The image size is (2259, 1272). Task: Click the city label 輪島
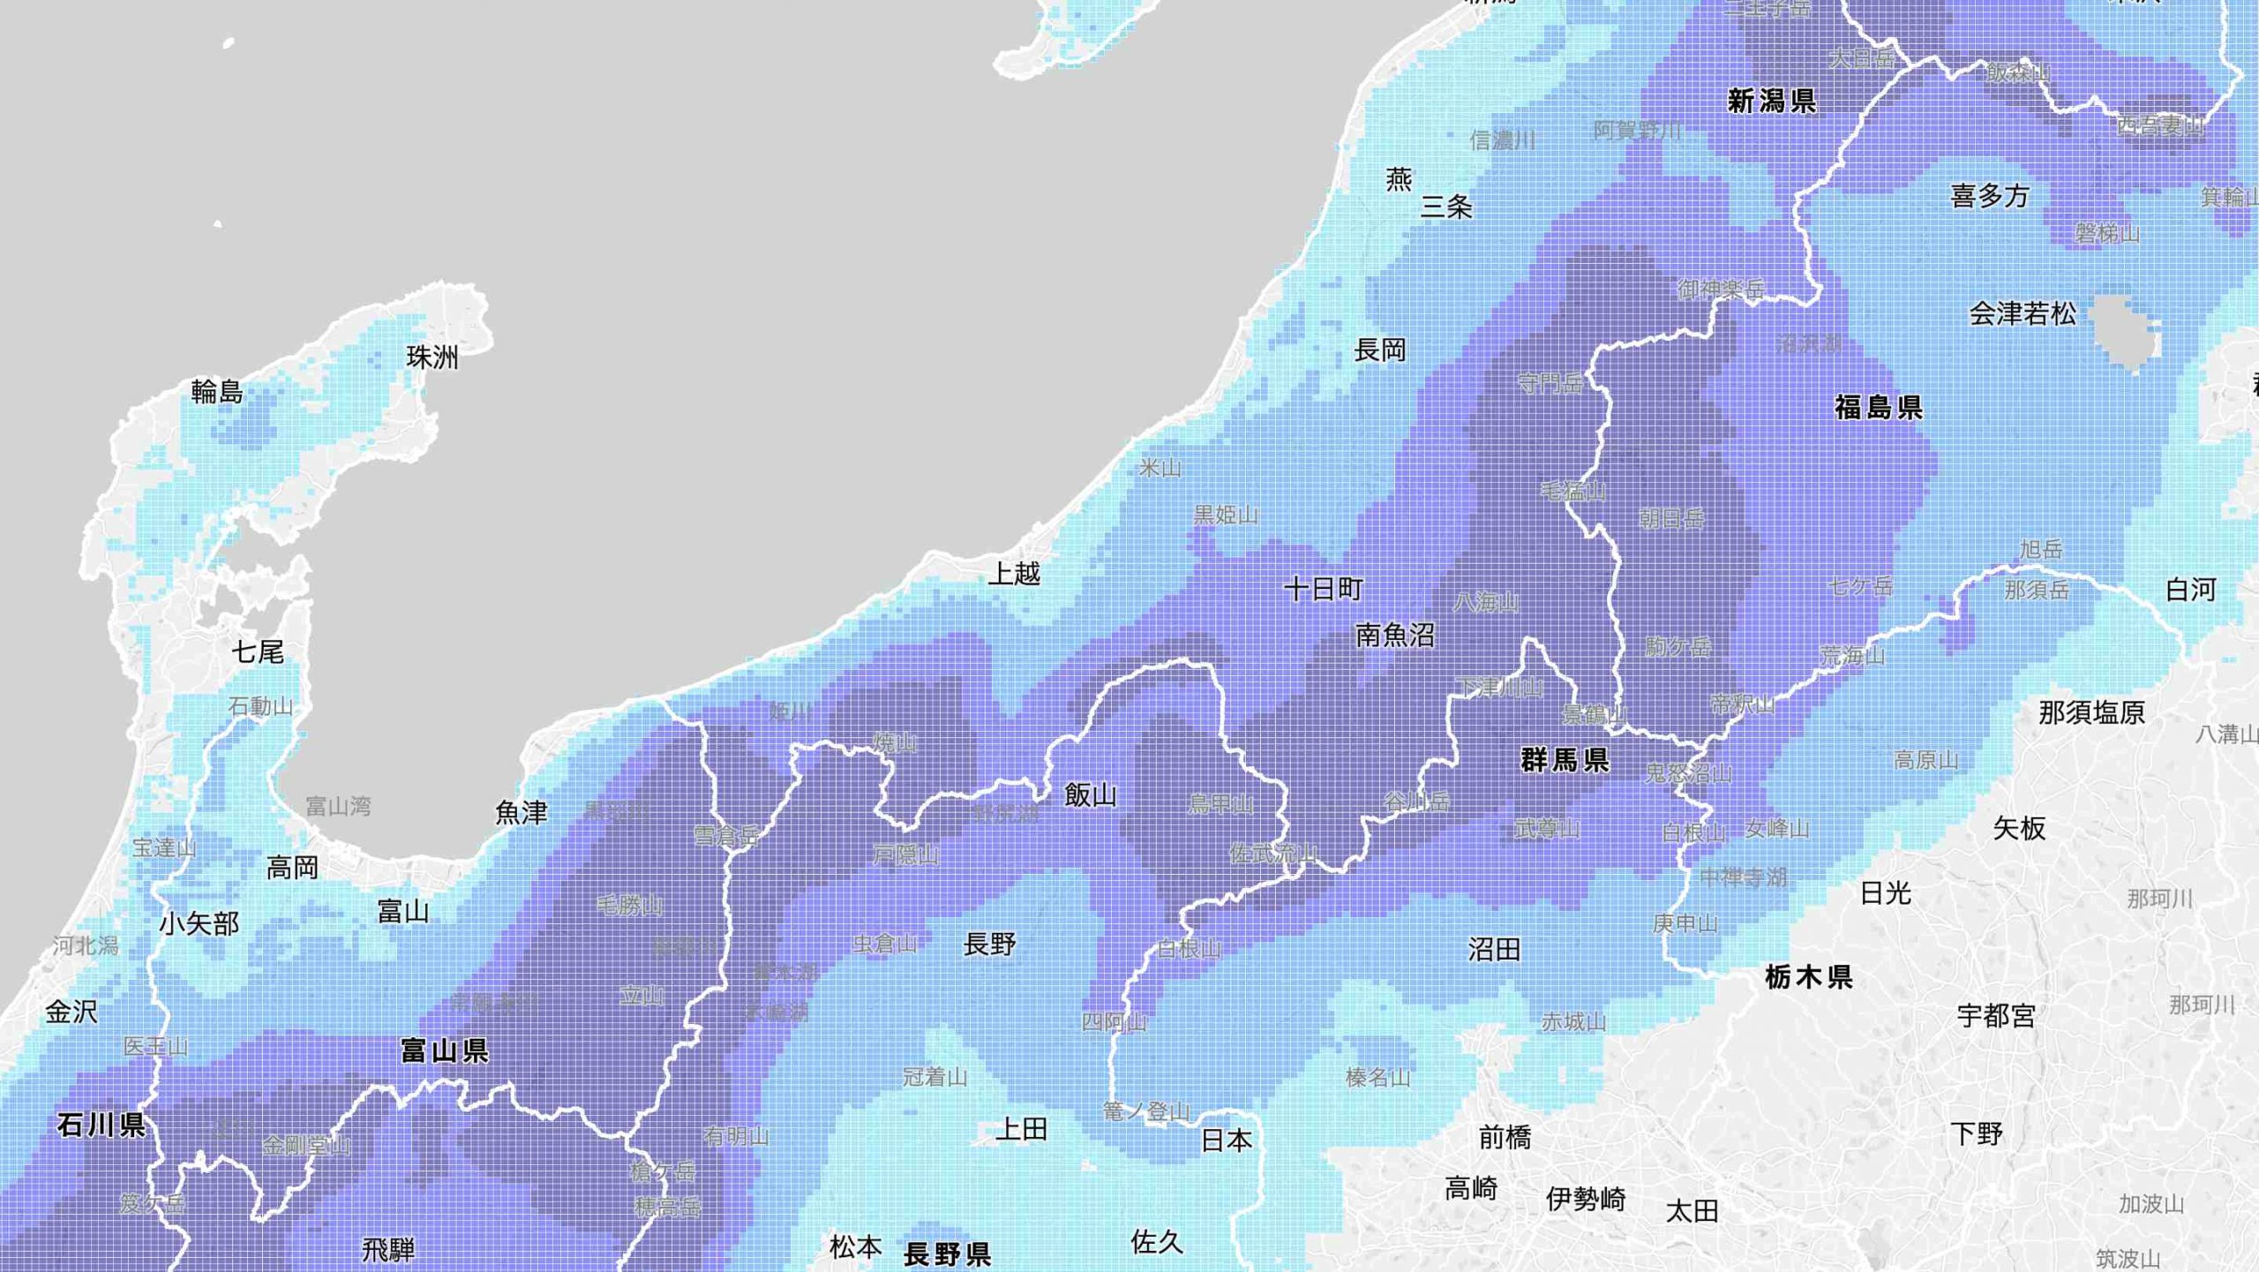click(217, 391)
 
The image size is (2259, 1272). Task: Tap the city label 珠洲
click(432, 358)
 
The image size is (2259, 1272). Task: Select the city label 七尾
click(258, 652)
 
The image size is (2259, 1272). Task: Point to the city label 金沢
click(71, 1012)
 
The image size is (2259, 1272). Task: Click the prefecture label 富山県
click(444, 1050)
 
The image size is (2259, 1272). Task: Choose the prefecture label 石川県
click(101, 1125)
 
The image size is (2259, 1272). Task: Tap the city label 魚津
click(522, 813)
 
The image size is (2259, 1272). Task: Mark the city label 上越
click(1014, 574)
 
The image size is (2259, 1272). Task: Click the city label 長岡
click(1380, 350)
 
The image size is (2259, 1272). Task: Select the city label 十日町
click(1324, 589)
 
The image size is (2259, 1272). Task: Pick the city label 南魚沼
click(1395, 636)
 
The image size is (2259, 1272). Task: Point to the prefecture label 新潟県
click(1772, 102)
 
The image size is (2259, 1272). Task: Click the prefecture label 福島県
click(1879, 408)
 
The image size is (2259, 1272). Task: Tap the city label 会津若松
click(2023, 313)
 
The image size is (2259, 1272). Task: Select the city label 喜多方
click(1990, 196)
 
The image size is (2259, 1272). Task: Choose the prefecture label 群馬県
click(1565, 760)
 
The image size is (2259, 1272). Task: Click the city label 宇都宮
click(1996, 1016)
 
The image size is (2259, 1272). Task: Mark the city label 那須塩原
click(2091, 712)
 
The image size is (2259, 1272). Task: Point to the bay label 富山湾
click(338, 806)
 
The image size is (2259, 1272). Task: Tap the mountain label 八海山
click(1486, 603)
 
